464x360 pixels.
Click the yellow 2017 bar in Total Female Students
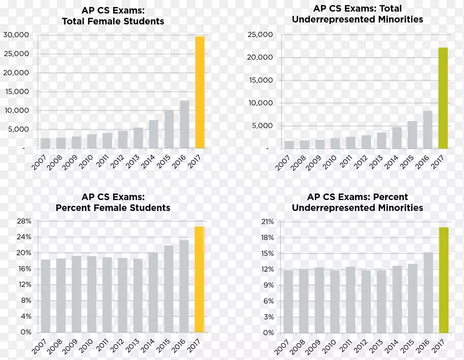click(x=200, y=93)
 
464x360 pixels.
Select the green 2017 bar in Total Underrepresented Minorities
click(x=443, y=99)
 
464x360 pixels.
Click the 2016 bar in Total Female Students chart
click(x=184, y=125)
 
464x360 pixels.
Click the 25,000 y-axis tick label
click(x=260, y=35)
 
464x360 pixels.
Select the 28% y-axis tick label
click(x=23, y=221)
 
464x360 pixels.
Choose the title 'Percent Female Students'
click(x=113, y=207)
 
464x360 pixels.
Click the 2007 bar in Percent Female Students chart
click(x=45, y=296)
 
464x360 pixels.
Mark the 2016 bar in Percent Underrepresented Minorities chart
click(x=428, y=292)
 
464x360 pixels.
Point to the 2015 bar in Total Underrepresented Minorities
click(x=412, y=134)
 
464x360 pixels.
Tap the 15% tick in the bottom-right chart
click(x=266, y=253)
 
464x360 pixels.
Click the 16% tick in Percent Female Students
click(x=23, y=269)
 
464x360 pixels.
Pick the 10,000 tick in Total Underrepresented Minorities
click(x=260, y=103)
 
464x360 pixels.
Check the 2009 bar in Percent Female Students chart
click(x=76, y=294)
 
